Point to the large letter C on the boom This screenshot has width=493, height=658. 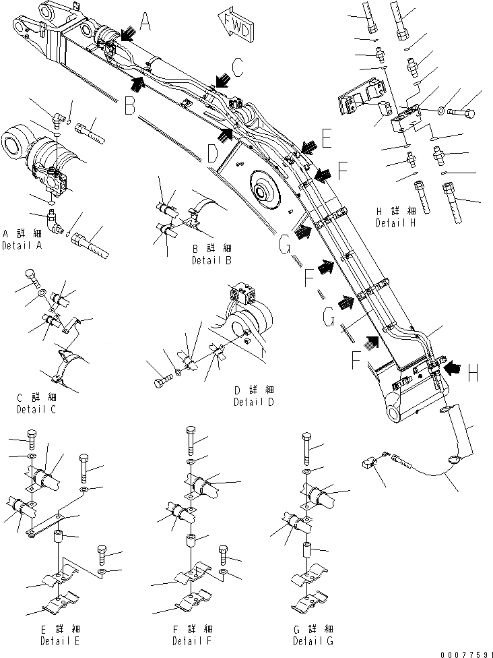tap(236, 67)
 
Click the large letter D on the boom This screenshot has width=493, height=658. tap(212, 155)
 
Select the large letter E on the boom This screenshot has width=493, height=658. tap(327, 140)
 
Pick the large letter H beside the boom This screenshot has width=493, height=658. tap(473, 369)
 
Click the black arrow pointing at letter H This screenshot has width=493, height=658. tap(453, 367)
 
